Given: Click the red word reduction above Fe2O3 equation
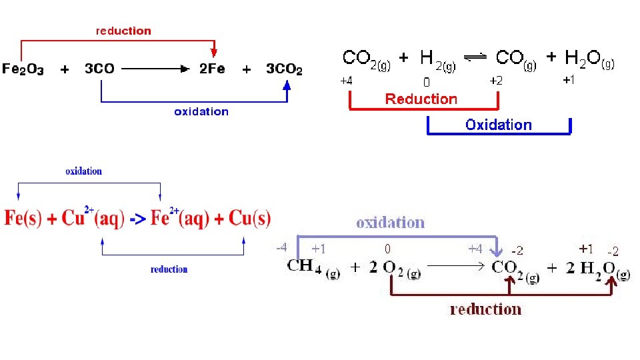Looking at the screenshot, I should point(123,31).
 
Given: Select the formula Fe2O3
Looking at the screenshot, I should point(23,69).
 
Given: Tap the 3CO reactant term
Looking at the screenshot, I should point(100,69).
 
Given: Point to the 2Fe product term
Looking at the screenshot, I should point(213,69).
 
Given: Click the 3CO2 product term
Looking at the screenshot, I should point(284,69).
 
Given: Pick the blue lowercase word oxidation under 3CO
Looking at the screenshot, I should point(201,111).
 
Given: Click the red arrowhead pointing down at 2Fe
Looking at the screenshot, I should point(214,51).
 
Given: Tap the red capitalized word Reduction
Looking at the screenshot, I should point(421,99).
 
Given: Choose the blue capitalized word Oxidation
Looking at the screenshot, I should point(499,125).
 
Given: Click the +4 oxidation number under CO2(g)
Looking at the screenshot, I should point(347,81).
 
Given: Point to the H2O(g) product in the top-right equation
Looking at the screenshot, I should point(589,60).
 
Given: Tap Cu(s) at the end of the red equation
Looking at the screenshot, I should point(250,218).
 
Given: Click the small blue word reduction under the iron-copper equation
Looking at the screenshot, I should point(169,269).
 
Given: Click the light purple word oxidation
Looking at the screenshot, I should point(390,222).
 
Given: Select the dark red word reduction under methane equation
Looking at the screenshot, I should point(485,309).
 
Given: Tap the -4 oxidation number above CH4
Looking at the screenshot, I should point(282,247).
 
